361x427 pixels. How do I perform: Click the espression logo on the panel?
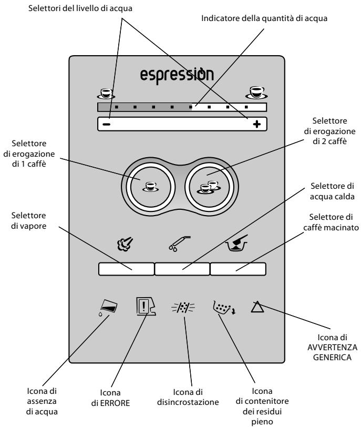(177, 76)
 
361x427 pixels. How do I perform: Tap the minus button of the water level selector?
(106, 125)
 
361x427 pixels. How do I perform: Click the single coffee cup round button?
(150, 187)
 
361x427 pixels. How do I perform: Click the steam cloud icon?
(125, 244)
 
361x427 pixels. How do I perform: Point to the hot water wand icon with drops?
(179, 243)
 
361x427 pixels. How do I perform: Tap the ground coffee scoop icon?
(236, 243)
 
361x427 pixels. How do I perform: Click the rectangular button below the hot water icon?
(182, 269)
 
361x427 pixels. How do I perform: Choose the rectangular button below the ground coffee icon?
(238, 269)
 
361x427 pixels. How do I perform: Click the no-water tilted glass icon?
(108, 308)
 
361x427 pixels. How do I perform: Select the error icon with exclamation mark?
(146, 307)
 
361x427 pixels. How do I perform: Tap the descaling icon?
(183, 308)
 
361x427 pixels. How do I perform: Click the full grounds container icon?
(224, 308)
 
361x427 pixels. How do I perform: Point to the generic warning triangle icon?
(257, 307)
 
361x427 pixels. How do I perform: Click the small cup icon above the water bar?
(106, 94)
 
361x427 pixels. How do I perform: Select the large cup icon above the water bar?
(256, 93)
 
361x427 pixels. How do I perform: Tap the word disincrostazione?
(188, 402)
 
